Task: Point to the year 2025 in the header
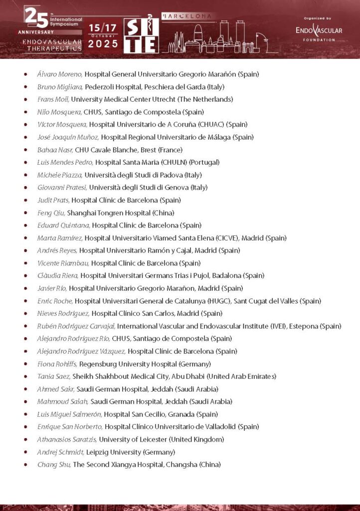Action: click(103, 44)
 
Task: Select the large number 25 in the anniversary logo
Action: click(36, 18)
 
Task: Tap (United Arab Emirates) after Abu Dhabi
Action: click(241, 376)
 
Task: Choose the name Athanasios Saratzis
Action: click(67, 439)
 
